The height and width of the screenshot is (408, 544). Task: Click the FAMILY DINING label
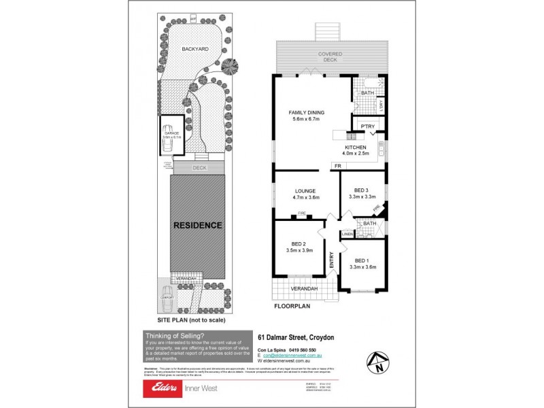pos(307,112)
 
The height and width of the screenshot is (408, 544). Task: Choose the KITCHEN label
pos(356,148)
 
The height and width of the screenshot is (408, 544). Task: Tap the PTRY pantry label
pos(368,126)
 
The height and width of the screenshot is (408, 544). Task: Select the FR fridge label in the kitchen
pos(337,166)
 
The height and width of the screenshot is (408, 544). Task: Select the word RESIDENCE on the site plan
pos(197,225)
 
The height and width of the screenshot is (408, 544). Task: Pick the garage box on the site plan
pos(170,135)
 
